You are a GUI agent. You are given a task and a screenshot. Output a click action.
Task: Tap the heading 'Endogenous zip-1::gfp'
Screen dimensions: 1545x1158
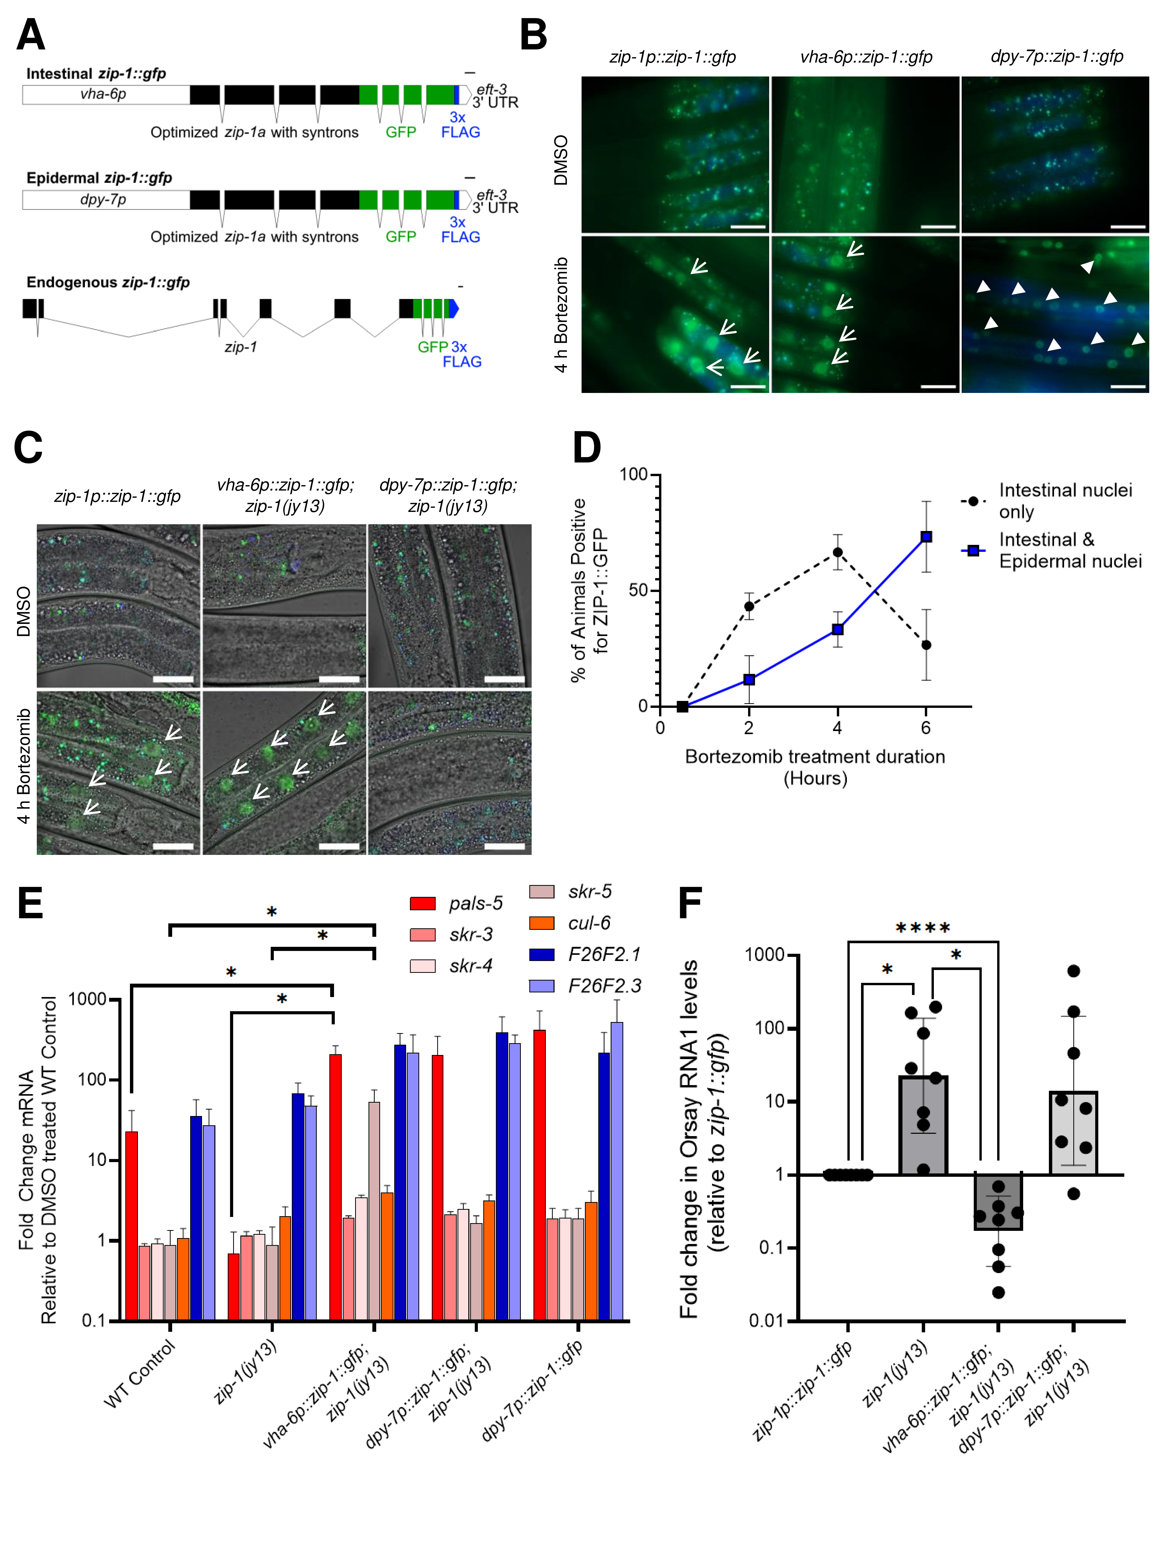pyautogui.click(x=108, y=282)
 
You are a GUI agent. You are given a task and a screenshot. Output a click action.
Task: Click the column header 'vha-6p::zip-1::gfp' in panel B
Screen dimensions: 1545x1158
pyautogui.click(x=865, y=57)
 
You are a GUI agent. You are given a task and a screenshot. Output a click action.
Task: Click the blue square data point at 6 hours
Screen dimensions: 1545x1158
pyautogui.click(x=926, y=536)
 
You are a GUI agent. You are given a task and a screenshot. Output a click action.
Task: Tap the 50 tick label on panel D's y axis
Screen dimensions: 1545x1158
pyautogui.click(x=637, y=590)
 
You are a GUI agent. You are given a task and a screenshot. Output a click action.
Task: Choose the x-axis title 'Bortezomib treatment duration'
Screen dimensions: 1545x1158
pyautogui.click(x=814, y=757)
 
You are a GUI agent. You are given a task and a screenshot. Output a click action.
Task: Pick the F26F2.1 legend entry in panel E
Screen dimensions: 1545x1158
pyautogui.click(x=604, y=954)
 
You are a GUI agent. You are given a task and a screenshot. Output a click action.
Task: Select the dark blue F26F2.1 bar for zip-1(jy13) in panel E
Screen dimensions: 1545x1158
pyautogui.click(x=298, y=1206)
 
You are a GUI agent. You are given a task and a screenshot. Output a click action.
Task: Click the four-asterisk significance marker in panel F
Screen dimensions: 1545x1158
pyautogui.click(x=922, y=928)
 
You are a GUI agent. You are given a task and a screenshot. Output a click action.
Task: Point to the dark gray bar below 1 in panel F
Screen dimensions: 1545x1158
pyautogui.click(x=998, y=1201)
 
